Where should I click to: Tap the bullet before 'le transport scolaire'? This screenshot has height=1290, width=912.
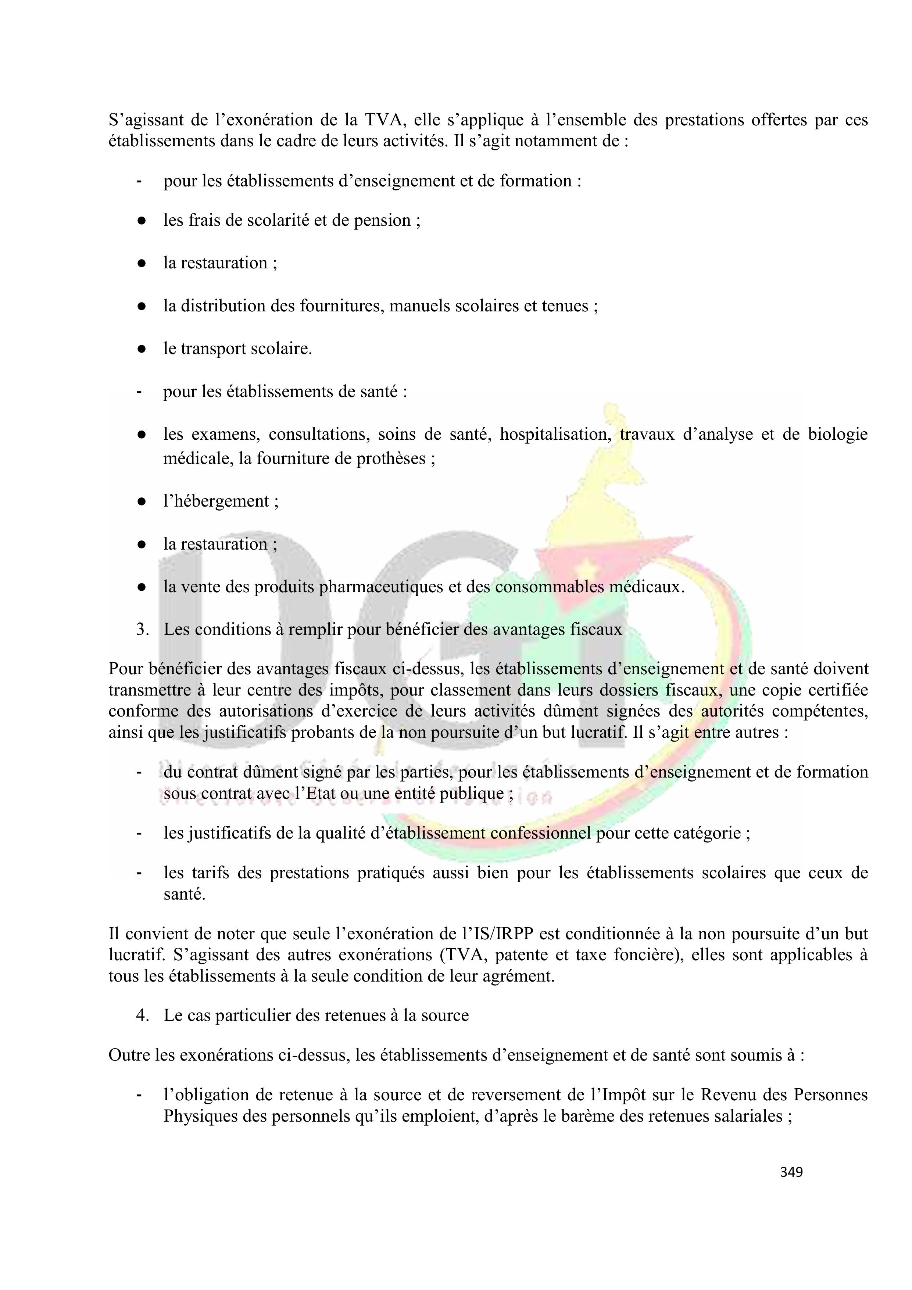tap(142, 349)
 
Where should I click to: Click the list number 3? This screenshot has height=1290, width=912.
tap(142, 630)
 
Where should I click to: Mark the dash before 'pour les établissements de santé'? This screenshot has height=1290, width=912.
tap(138, 392)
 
